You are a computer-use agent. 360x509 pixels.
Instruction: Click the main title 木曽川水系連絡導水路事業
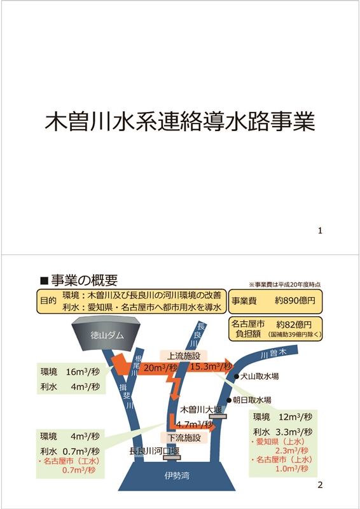(180, 122)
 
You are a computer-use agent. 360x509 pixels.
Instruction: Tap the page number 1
(320, 231)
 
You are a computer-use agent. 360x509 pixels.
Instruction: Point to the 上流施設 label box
(183, 356)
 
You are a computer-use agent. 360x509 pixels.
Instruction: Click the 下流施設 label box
(184, 438)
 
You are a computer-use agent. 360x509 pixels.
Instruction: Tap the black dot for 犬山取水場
(237, 377)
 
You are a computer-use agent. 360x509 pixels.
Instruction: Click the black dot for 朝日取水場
(229, 400)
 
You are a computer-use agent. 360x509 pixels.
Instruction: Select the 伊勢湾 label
(177, 476)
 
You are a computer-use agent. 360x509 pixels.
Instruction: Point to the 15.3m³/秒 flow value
(211, 367)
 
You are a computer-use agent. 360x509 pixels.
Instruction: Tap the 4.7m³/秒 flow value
(193, 424)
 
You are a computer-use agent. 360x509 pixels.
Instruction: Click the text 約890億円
(294, 300)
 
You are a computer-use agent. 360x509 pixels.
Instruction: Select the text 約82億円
(294, 324)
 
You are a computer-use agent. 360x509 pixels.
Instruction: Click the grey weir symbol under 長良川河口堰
(172, 457)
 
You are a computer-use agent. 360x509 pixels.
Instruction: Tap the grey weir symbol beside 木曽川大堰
(218, 416)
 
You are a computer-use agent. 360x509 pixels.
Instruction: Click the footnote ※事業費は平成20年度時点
(285, 284)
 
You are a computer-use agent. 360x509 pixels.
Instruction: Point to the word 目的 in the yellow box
(48, 300)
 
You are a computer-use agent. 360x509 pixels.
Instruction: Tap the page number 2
(320, 485)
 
